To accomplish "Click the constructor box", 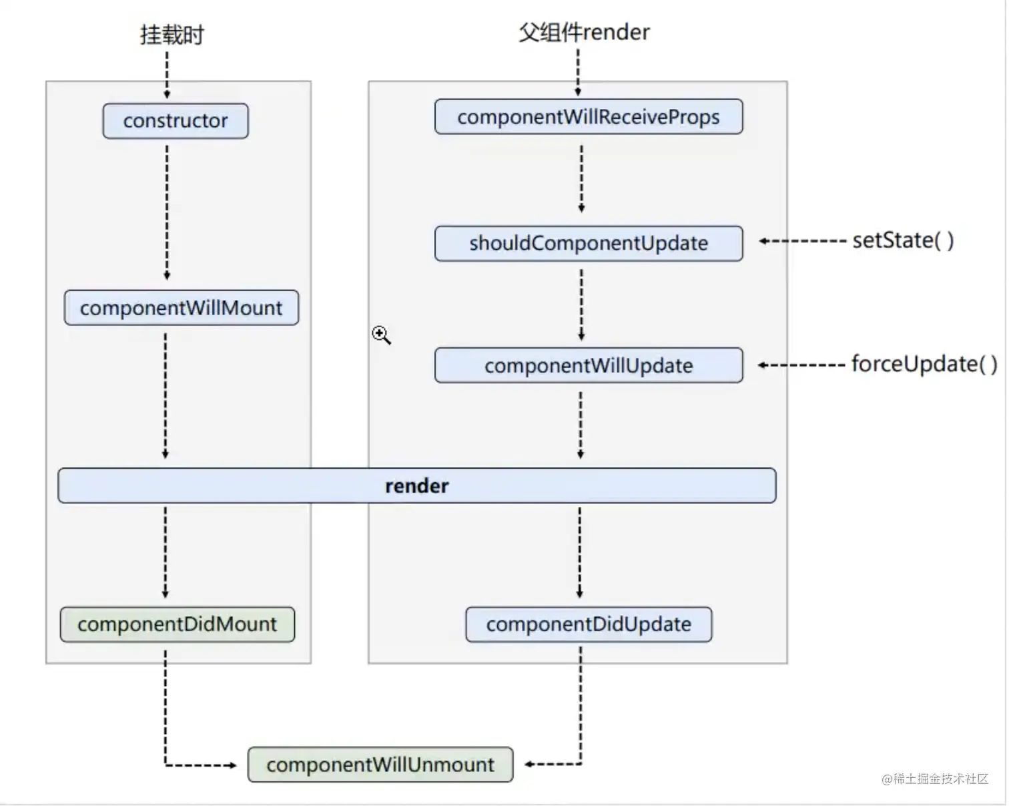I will coord(175,121).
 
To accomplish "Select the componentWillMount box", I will coord(181,308).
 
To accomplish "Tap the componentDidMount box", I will coord(177,624).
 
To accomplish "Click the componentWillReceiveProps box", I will coord(588,117).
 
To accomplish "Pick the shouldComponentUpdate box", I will coord(588,243).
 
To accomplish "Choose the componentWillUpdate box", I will coord(588,365).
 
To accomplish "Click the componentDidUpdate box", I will coord(588,624).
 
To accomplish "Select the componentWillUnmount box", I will coord(380,765).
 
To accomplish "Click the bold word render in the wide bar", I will coord(416,485).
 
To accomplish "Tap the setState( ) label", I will coord(903,240).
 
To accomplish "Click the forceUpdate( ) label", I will coord(924,364).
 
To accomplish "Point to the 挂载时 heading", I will coord(172,35).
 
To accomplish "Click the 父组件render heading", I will coord(584,32).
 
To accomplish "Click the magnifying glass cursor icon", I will coord(381,335).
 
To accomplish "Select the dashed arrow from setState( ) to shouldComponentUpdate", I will coord(803,241).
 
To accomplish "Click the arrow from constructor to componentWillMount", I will coord(167,212).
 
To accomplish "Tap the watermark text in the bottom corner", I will coord(934,779).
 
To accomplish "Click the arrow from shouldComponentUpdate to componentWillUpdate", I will coord(581,305).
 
